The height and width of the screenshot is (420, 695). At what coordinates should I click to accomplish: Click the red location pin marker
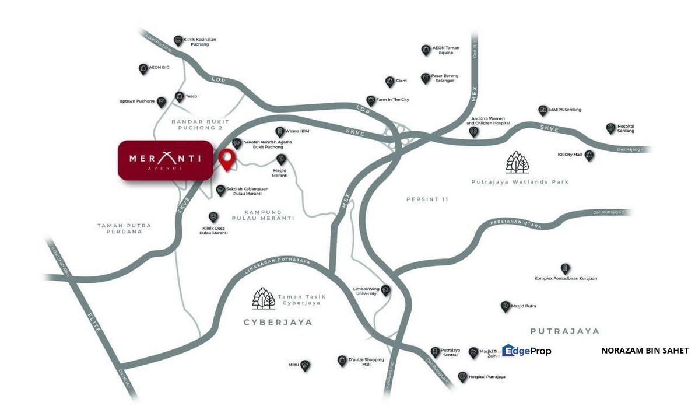click(x=226, y=157)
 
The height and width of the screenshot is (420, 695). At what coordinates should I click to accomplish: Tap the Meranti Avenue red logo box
click(x=165, y=160)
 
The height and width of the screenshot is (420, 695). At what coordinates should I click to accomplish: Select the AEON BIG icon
click(x=143, y=69)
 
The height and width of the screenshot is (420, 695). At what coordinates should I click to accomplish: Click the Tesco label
click(x=191, y=96)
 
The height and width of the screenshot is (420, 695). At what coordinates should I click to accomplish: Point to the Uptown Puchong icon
click(x=161, y=102)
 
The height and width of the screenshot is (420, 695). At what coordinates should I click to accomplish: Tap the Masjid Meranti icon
click(x=281, y=159)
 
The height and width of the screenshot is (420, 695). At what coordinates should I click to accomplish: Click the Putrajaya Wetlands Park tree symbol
click(x=518, y=163)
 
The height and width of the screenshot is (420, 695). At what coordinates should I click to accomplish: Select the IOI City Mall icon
click(x=590, y=156)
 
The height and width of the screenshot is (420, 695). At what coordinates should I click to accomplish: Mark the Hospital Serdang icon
click(x=610, y=128)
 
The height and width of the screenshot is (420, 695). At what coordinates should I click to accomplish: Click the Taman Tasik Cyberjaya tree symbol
click(x=264, y=298)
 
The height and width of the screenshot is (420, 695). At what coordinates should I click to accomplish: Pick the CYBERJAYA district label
click(x=278, y=322)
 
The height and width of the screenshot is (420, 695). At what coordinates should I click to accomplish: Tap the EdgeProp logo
click(x=526, y=351)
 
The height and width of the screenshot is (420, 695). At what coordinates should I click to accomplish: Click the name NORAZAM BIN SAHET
click(x=644, y=351)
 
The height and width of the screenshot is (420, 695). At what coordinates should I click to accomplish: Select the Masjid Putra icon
click(x=506, y=306)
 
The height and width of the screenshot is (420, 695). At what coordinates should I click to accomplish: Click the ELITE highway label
click(x=95, y=321)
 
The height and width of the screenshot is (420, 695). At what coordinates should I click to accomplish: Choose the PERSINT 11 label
click(x=427, y=199)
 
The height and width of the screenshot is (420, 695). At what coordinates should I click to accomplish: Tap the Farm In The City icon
click(x=371, y=100)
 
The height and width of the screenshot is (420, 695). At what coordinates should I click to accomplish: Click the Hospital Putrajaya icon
click(x=462, y=377)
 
